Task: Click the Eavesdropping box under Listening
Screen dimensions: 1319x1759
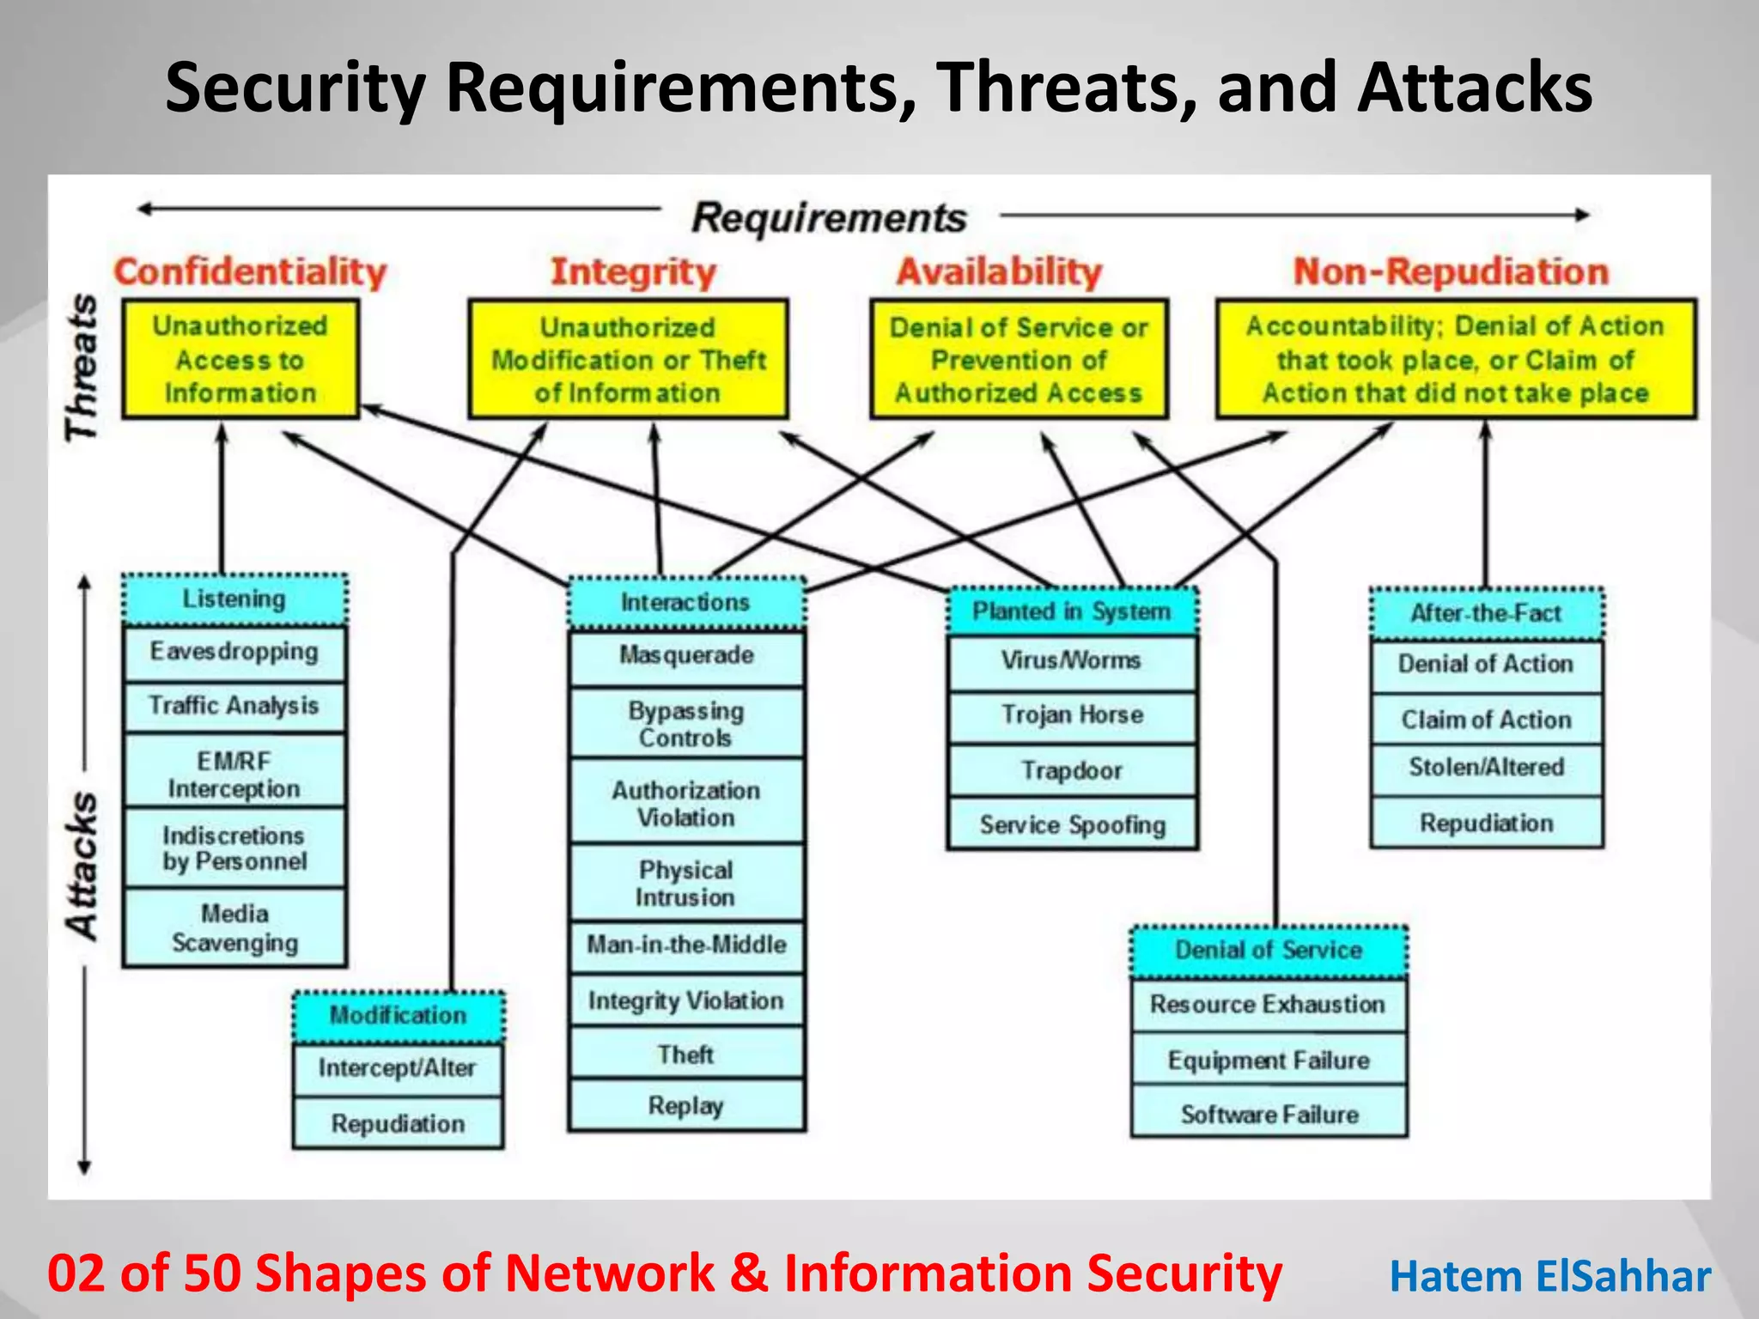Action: tap(234, 653)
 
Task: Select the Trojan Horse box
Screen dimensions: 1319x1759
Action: tap(1072, 715)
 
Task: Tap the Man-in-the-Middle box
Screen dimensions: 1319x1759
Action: tap(686, 945)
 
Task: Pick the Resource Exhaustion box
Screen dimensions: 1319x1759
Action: tap(1268, 1005)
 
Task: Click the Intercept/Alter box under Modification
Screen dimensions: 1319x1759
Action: tap(397, 1068)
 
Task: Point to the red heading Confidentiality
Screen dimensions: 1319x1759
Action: tap(250, 272)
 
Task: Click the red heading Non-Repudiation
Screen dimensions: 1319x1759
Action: tap(1451, 272)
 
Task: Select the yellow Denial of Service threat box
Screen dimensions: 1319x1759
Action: tap(1019, 360)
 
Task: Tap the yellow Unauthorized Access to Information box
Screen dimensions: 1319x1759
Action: tap(240, 360)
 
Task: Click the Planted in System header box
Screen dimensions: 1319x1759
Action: tap(1071, 611)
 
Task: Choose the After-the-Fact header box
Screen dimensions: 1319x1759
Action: tap(1486, 613)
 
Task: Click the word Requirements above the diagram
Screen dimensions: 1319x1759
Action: tap(829, 217)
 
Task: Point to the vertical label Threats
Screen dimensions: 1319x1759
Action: tap(82, 368)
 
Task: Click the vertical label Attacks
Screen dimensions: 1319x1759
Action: tap(82, 866)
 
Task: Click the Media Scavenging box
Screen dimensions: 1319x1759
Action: tap(234, 928)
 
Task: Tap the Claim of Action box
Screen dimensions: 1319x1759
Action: tap(1486, 720)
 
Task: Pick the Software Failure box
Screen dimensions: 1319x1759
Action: tap(1269, 1115)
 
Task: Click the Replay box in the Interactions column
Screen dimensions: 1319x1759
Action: tap(685, 1106)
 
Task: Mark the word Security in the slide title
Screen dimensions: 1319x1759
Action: tap(295, 88)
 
